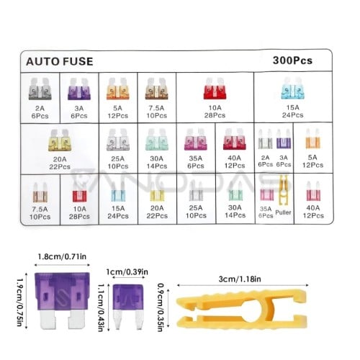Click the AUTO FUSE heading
(x=59, y=61)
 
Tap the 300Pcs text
(x=292, y=60)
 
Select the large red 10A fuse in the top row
(x=215, y=89)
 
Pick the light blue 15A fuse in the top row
(x=293, y=89)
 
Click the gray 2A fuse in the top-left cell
(x=40, y=89)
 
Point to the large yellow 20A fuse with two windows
(x=60, y=140)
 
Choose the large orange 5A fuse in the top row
(x=117, y=89)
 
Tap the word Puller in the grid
(x=283, y=212)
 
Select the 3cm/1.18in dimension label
(x=240, y=279)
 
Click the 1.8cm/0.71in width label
(x=62, y=256)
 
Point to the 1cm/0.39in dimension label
(x=127, y=272)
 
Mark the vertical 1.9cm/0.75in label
(x=20, y=302)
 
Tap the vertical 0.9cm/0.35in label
(x=161, y=307)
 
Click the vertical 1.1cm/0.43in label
(x=102, y=308)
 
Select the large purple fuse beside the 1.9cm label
(x=62, y=300)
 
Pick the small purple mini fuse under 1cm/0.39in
(x=128, y=307)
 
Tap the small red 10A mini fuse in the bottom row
(x=79, y=192)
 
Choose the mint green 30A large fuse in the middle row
(x=156, y=140)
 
